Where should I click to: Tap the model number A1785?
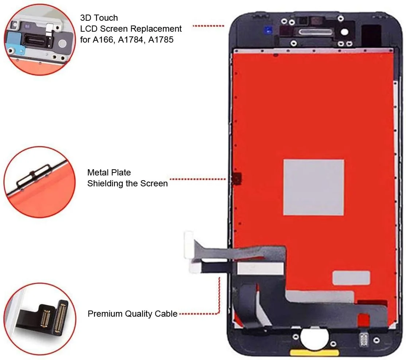(x=160, y=40)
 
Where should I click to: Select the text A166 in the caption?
(x=103, y=40)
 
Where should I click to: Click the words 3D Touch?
(x=99, y=18)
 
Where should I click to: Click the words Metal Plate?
(x=109, y=172)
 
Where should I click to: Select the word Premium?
(x=105, y=314)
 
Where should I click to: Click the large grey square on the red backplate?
(x=313, y=187)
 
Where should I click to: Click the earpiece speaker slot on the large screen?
(x=315, y=32)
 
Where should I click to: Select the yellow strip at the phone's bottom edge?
(x=314, y=353)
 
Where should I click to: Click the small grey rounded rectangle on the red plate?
(x=351, y=278)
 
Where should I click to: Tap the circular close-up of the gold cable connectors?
(x=40, y=319)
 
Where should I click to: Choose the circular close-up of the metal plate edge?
(x=40, y=182)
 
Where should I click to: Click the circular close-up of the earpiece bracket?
(x=40, y=40)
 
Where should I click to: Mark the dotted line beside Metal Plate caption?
(x=198, y=179)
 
